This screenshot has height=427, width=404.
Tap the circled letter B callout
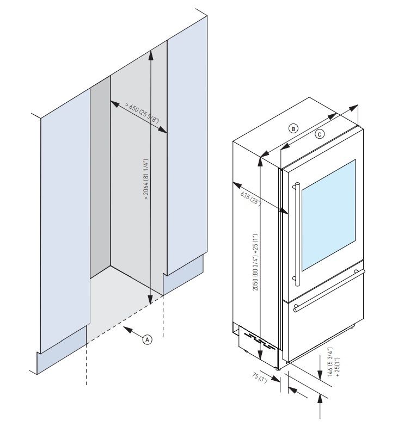(x=293, y=128)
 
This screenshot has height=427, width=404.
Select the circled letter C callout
(x=320, y=133)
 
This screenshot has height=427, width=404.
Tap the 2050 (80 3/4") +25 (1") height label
(x=255, y=262)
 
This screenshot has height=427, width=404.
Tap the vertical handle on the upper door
(x=296, y=234)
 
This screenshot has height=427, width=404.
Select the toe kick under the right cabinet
(x=183, y=277)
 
